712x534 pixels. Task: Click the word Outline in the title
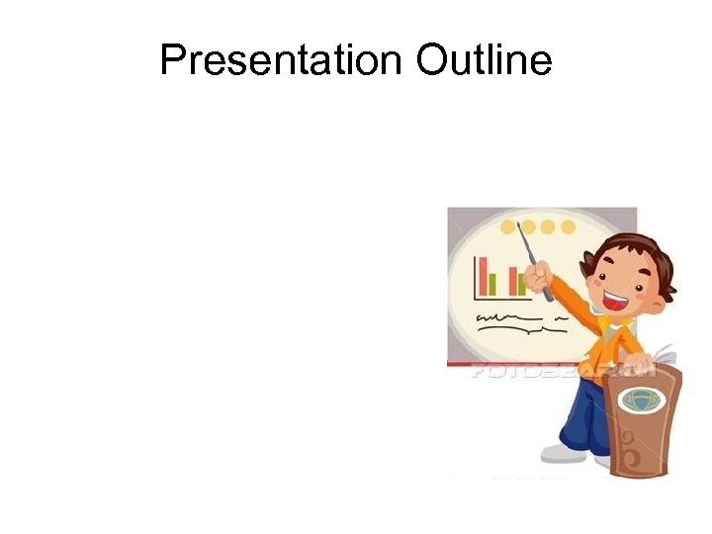click(x=484, y=61)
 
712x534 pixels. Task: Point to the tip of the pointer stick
click(x=519, y=225)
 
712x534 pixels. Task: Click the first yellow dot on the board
click(x=508, y=227)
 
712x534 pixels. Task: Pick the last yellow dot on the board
click(x=569, y=227)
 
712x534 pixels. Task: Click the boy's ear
click(x=591, y=269)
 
